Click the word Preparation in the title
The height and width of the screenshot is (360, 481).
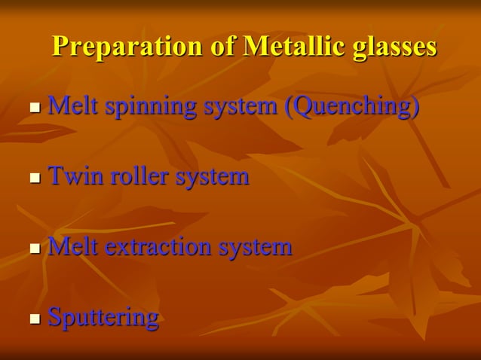(x=127, y=47)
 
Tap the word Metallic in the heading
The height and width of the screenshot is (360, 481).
(x=290, y=47)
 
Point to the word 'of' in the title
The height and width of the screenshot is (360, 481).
(x=222, y=47)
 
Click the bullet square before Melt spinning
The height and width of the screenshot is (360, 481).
(x=35, y=108)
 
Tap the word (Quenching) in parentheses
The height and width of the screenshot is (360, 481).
(x=351, y=106)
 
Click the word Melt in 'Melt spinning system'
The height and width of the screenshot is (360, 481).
(x=73, y=105)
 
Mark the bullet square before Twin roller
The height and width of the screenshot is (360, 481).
(x=35, y=179)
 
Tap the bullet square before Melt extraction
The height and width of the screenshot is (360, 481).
(x=35, y=249)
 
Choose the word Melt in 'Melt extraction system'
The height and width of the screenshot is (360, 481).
(x=73, y=246)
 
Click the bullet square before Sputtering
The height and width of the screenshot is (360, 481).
(x=35, y=319)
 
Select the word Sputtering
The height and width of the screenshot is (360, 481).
(x=103, y=318)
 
